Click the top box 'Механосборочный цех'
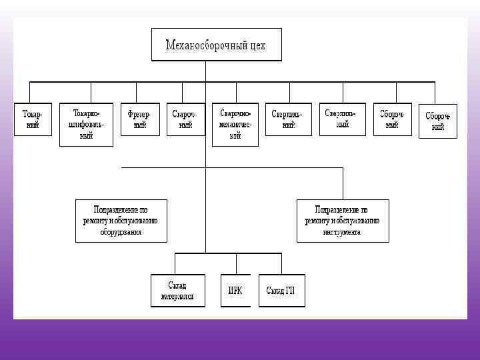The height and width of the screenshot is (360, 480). (x=216, y=45)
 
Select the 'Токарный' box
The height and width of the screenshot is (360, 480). (x=32, y=119)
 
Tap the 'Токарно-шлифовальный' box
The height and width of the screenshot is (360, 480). (x=85, y=125)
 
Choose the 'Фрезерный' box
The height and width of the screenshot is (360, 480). (x=140, y=119)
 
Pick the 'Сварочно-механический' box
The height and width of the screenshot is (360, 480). (x=235, y=125)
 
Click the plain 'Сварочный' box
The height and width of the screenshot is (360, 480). (x=182, y=119)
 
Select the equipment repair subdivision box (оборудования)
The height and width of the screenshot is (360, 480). (x=121, y=220)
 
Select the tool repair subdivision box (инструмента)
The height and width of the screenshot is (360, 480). (x=342, y=220)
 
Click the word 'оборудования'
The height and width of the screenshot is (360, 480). (x=121, y=233)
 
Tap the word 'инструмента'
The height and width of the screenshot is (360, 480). (x=342, y=233)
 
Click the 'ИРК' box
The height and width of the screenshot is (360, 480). (x=235, y=291)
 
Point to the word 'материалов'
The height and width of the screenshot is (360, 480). (x=177, y=296)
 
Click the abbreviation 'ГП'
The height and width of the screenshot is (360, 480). (x=289, y=291)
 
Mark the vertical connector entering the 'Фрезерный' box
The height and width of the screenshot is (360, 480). (x=137, y=92)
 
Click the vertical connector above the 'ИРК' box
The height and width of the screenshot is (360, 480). (x=235, y=264)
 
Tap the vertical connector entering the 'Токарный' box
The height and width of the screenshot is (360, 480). (x=30, y=92)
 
